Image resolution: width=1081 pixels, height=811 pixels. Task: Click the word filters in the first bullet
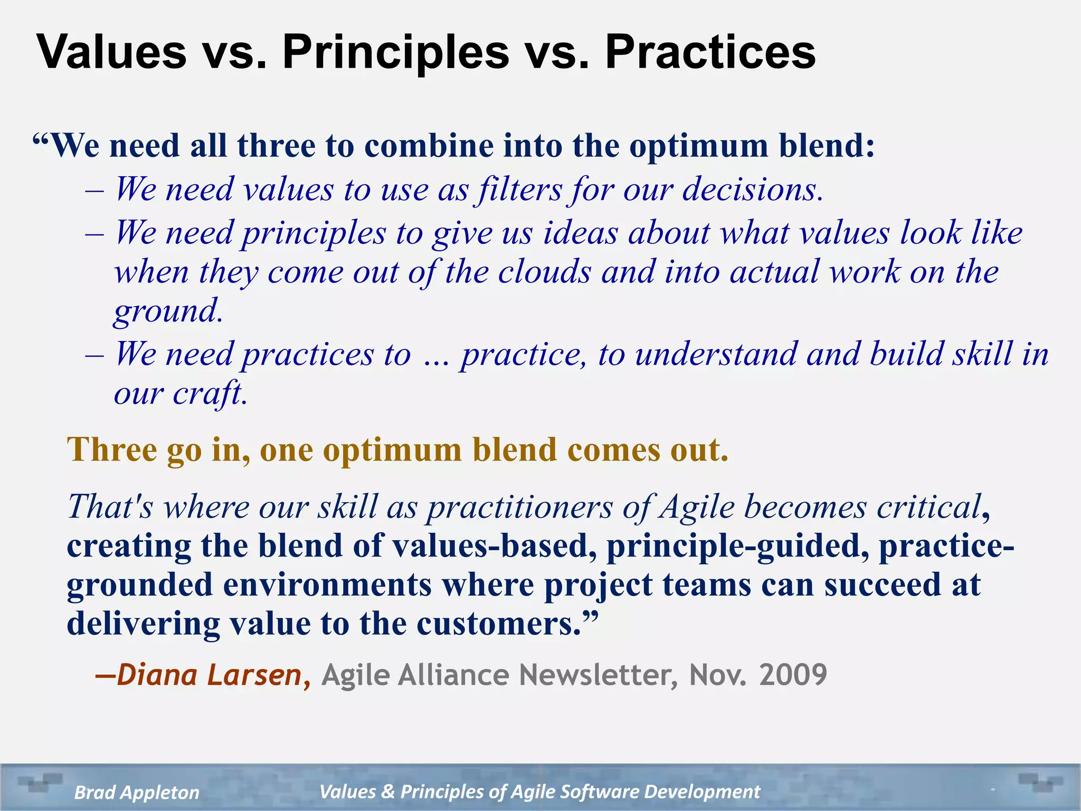[519, 189]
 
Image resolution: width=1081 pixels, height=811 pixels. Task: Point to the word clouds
[544, 272]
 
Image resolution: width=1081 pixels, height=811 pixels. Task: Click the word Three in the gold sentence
[112, 450]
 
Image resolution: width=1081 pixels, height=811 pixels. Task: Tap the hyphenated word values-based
[494, 546]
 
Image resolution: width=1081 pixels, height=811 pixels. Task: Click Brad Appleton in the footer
[137, 793]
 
